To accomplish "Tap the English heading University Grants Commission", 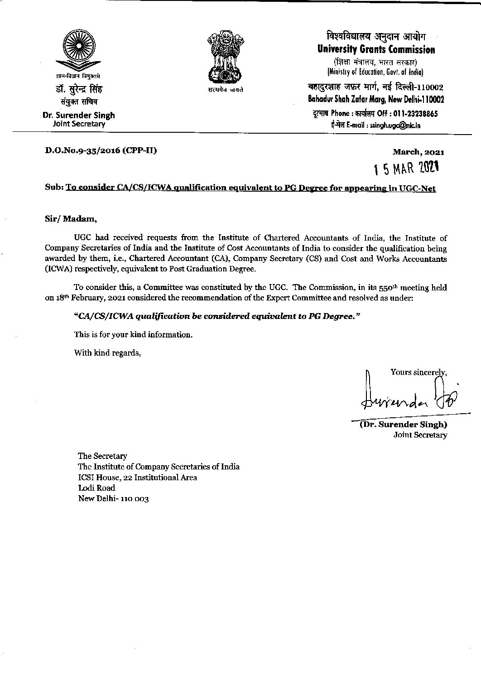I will (376, 49).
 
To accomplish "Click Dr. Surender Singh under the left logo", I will (79, 115).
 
